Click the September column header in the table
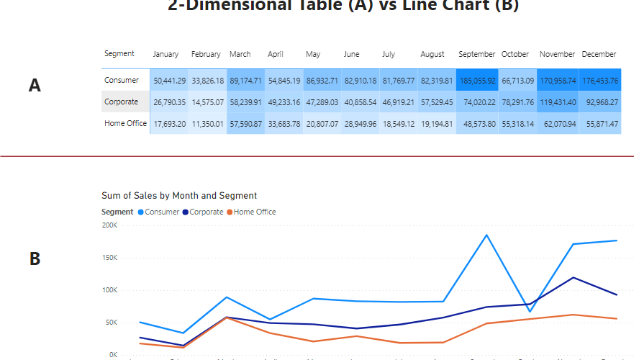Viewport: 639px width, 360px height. point(476,54)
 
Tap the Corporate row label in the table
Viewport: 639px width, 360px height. point(121,102)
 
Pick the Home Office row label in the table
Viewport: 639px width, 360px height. point(125,123)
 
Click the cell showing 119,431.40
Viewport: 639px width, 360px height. point(557,102)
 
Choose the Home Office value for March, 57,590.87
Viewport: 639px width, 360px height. point(245,123)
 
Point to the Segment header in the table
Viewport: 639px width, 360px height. point(119,54)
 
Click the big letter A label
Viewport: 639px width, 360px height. point(35,86)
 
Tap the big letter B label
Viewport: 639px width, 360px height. point(35,258)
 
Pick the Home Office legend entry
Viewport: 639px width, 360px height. point(254,212)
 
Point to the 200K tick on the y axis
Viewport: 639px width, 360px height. point(109,225)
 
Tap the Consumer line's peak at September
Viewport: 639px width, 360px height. point(486,235)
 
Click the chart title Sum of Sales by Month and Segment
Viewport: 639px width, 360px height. point(179,196)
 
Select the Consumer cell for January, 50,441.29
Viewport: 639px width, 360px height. point(169,80)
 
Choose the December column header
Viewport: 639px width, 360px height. point(599,54)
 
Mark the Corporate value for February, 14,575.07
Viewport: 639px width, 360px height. point(207,102)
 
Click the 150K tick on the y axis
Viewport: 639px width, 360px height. point(109,258)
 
